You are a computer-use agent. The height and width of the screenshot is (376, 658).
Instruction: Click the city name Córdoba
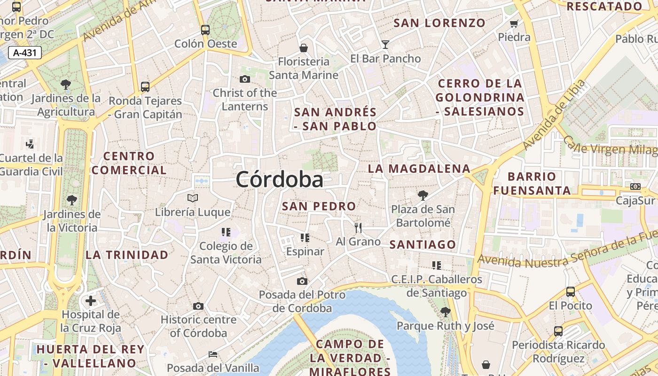[279, 180]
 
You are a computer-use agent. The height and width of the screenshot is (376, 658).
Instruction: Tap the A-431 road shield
[25, 53]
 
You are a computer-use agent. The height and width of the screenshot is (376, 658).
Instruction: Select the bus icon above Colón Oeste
[205, 30]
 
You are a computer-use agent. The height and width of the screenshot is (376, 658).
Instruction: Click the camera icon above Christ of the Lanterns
[244, 79]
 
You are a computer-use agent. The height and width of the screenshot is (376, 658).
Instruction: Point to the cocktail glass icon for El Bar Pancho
[385, 45]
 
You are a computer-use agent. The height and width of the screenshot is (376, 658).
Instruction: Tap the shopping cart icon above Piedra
[514, 23]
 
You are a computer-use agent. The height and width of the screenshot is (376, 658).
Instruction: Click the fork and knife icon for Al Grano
[358, 228]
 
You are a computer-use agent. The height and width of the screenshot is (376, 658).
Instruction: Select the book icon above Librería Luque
[193, 198]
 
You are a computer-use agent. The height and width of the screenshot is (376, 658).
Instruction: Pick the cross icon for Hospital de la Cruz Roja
[91, 301]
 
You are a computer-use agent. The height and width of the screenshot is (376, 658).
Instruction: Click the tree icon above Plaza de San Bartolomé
[423, 195]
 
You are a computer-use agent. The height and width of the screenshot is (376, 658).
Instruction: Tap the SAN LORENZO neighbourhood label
[439, 23]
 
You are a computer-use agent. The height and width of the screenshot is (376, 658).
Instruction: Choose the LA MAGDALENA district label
[419, 168]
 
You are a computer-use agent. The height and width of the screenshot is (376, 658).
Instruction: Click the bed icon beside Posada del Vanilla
[213, 354]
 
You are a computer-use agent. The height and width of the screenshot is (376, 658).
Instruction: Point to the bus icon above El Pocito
[571, 292]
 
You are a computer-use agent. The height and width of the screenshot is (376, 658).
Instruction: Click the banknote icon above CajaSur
[635, 187]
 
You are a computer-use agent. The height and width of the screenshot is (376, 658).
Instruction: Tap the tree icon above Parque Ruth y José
[445, 312]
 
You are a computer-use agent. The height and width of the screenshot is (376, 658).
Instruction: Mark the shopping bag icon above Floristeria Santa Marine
[304, 48]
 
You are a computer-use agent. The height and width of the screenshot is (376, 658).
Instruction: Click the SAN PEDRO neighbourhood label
[319, 206]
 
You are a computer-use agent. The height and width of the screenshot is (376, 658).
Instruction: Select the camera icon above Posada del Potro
[302, 281]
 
